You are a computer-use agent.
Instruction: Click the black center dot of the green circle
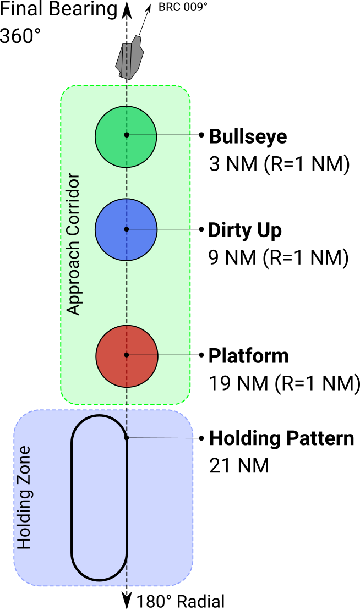tap(127, 135)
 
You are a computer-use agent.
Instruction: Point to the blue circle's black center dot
tap(127, 229)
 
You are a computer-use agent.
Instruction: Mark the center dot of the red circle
tap(127, 355)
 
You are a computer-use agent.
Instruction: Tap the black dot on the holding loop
tap(127, 437)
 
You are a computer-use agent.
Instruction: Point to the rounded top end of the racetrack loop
tap(99, 416)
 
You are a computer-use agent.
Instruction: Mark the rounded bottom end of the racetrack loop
tap(99, 579)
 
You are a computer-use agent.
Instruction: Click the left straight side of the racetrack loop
tap(72, 498)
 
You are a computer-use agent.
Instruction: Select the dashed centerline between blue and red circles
tap(127, 292)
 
